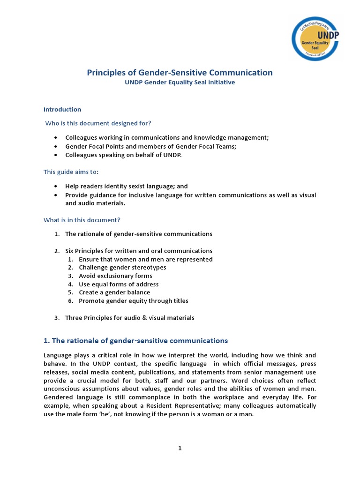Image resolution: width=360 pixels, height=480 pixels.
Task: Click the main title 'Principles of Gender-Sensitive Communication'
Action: point(180,73)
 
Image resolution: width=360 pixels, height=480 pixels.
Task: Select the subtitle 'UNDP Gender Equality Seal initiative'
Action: point(180,82)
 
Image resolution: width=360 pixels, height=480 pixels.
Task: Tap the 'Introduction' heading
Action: point(62,109)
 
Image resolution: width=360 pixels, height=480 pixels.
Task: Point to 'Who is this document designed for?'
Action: point(98,123)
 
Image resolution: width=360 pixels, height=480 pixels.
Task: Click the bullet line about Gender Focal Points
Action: point(151,146)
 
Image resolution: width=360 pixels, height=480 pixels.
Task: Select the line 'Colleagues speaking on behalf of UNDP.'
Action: point(123,155)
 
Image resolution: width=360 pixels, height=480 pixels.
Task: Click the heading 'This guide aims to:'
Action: point(71,172)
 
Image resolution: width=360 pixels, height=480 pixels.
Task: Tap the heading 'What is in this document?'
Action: point(82,220)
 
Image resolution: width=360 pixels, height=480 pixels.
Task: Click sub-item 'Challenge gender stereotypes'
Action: point(122,267)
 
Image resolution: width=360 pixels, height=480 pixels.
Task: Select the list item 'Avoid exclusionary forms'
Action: point(115,276)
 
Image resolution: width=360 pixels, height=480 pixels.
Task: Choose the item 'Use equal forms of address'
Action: point(119,284)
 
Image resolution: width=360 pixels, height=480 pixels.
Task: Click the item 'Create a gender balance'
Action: point(114,292)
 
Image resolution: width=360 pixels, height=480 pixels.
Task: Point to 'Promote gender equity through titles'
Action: point(134,301)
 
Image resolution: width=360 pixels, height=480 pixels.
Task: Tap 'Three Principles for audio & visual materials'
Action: point(129,318)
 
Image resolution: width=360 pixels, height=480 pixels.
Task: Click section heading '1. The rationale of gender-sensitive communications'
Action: point(135,341)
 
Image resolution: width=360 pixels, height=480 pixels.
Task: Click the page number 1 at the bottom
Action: point(180,448)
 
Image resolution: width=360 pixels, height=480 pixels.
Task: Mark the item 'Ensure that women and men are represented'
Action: point(145,259)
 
